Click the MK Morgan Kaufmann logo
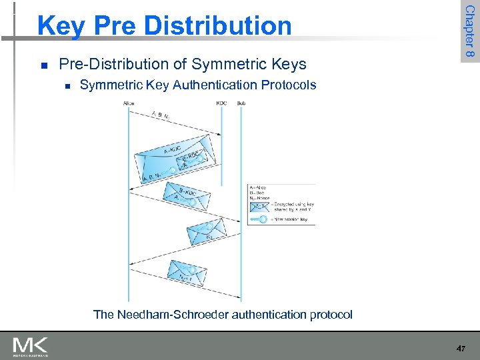tap(30, 347)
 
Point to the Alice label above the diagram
tap(129, 103)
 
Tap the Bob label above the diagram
tap(241, 103)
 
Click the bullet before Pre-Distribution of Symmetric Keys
tap(43, 65)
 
